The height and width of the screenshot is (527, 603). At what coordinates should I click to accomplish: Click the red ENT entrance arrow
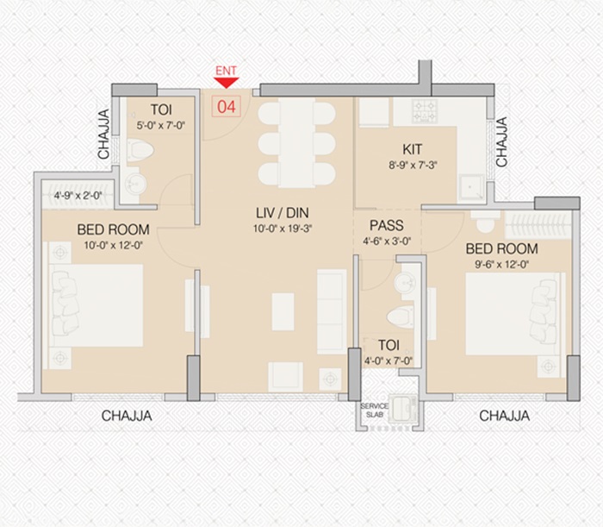(x=227, y=83)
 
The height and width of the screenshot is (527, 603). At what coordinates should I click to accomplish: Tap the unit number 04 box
(x=226, y=106)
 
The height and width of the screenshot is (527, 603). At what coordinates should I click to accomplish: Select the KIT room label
(x=413, y=149)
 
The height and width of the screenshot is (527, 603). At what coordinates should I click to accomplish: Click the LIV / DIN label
(x=283, y=213)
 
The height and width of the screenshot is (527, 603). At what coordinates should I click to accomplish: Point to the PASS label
(x=387, y=225)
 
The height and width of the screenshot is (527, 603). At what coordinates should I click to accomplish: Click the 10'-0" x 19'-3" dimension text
(x=283, y=229)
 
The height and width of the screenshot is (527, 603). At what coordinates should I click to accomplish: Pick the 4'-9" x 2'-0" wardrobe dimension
(x=78, y=196)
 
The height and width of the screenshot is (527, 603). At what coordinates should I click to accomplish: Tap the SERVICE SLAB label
(x=374, y=411)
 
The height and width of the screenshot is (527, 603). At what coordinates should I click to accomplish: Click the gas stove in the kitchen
(x=425, y=111)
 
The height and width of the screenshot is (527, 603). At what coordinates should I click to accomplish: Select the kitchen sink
(x=471, y=187)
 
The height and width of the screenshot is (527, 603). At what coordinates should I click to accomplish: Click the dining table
(x=296, y=143)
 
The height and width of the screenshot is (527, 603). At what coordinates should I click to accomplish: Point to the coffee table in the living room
(x=283, y=312)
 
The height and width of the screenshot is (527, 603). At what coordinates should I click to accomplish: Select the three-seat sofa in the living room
(x=332, y=312)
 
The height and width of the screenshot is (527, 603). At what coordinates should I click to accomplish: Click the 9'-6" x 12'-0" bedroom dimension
(x=502, y=265)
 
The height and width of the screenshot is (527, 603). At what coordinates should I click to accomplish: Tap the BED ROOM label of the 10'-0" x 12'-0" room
(x=113, y=229)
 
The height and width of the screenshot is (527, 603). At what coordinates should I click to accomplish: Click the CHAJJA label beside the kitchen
(x=501, y=141)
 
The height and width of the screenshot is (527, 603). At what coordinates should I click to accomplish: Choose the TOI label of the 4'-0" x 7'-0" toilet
(x=389, y=345)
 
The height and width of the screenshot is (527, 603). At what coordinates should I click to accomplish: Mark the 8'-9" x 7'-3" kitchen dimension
(x=413, y=166)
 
